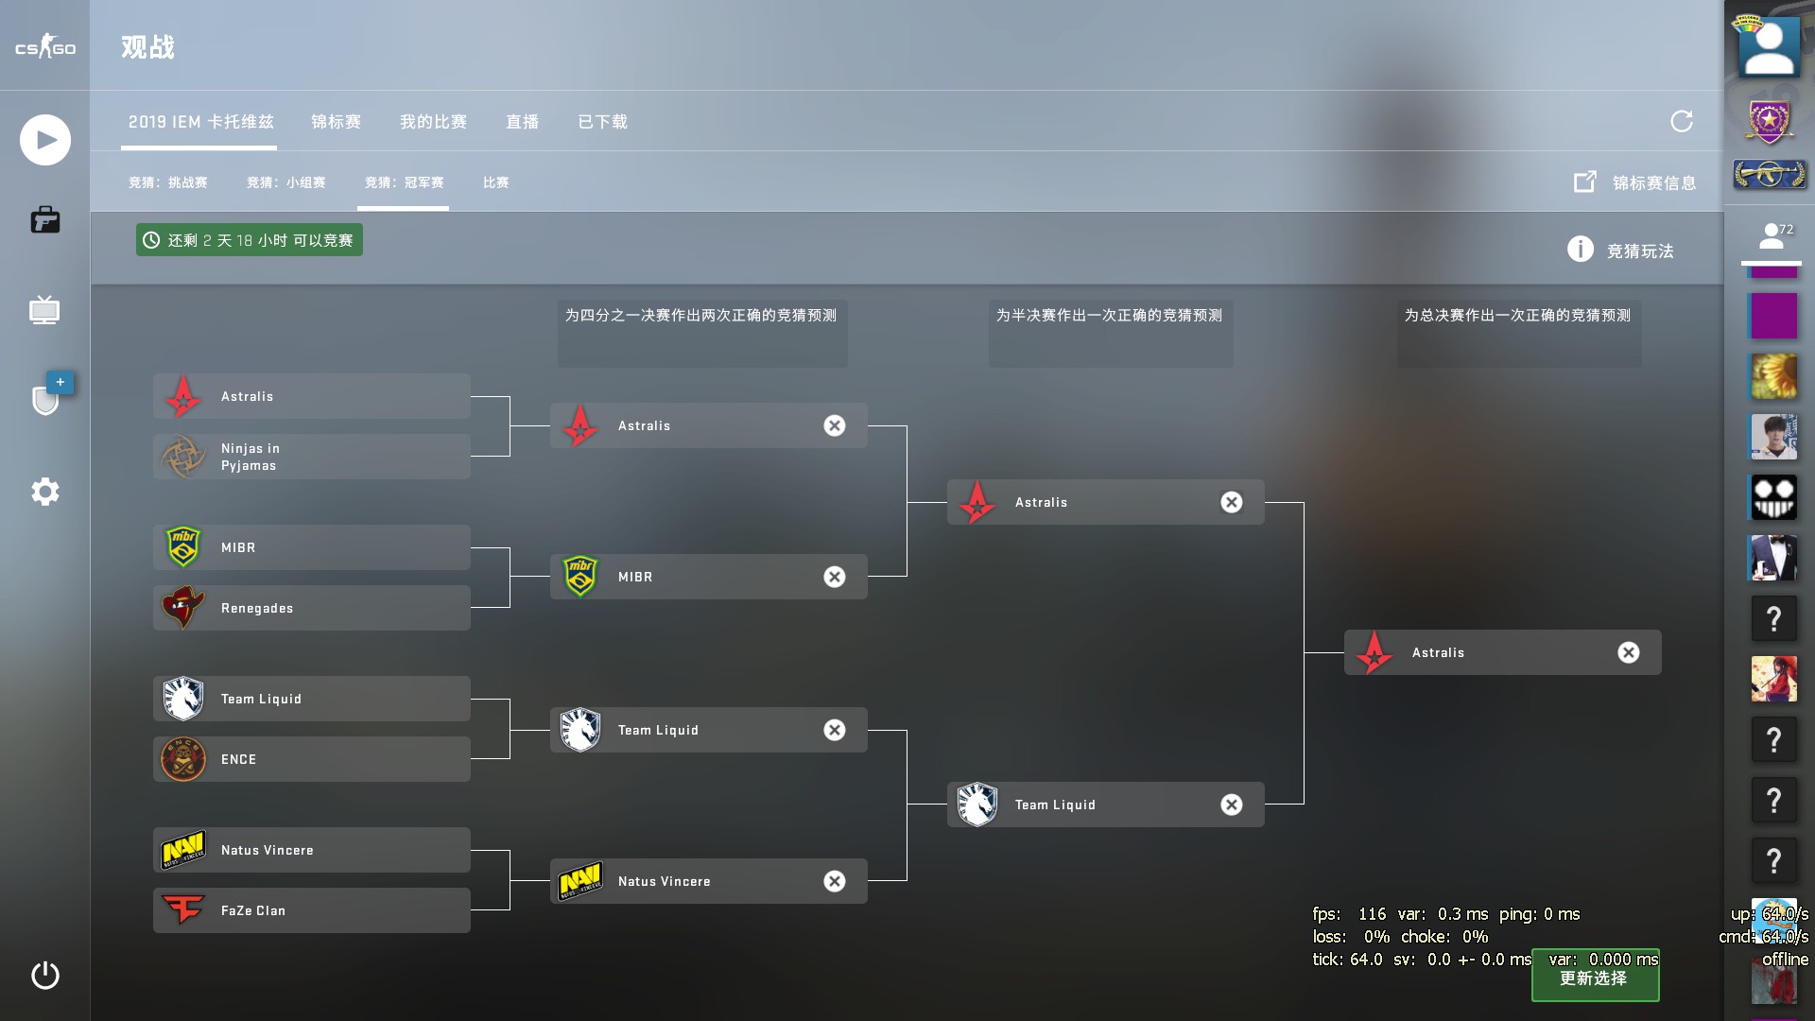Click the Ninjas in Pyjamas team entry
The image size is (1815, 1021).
[311, 457]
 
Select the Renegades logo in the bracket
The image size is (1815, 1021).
[183, 608]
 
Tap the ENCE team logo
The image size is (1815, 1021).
[183, 759]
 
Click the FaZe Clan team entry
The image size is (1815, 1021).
[311, 910]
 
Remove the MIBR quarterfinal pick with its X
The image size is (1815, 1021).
[835, 577]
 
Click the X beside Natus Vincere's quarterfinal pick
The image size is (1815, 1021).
[835, 881]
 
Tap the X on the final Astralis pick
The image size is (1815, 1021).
[1629, 652]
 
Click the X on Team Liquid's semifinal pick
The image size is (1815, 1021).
[1232, 805]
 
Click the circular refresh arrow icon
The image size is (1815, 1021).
[1682, 121]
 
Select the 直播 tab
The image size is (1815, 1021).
[522, 122]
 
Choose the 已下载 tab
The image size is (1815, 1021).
[602, 122]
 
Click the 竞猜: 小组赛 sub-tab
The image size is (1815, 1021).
[285, 182]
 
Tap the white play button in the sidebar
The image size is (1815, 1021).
[45, 140]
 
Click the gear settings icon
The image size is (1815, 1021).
[45, 492]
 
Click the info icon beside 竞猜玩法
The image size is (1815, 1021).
[1581, 250]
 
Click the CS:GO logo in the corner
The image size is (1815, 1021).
[45, 46]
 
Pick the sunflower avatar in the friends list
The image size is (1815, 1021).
[1773, 376]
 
